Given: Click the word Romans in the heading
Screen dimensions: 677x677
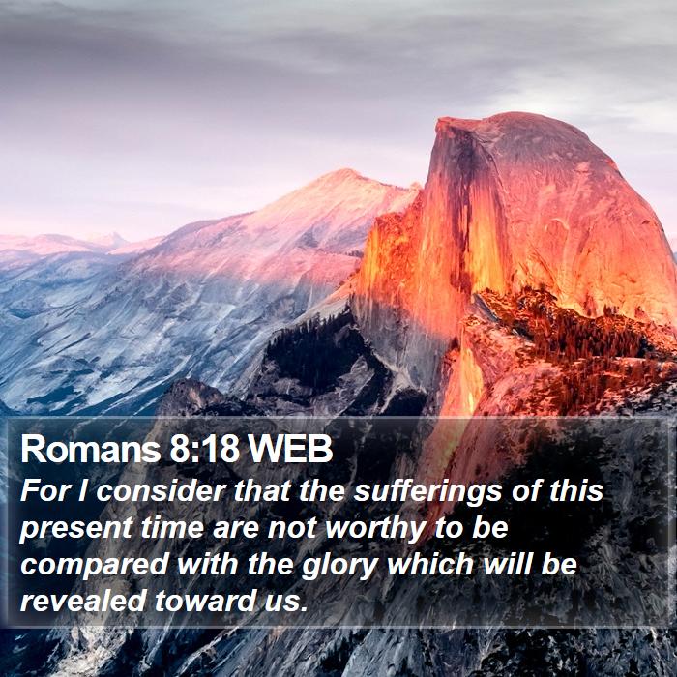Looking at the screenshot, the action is pos(90,449).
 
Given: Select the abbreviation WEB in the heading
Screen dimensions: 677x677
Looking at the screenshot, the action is pos(290,449).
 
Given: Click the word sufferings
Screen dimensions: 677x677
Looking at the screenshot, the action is pos(427,491).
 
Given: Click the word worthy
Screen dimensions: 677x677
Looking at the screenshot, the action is pos(375,528).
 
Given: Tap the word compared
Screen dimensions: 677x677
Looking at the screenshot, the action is pos(94,565).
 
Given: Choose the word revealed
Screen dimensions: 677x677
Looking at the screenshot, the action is pos(83,601).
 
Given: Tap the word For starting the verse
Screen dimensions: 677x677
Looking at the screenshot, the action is pos(44,491).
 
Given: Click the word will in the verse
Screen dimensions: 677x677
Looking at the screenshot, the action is pos(507,564).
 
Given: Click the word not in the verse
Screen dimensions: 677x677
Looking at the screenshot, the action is pos(291,528).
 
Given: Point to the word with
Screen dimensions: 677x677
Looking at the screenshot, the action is pos(207,564).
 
